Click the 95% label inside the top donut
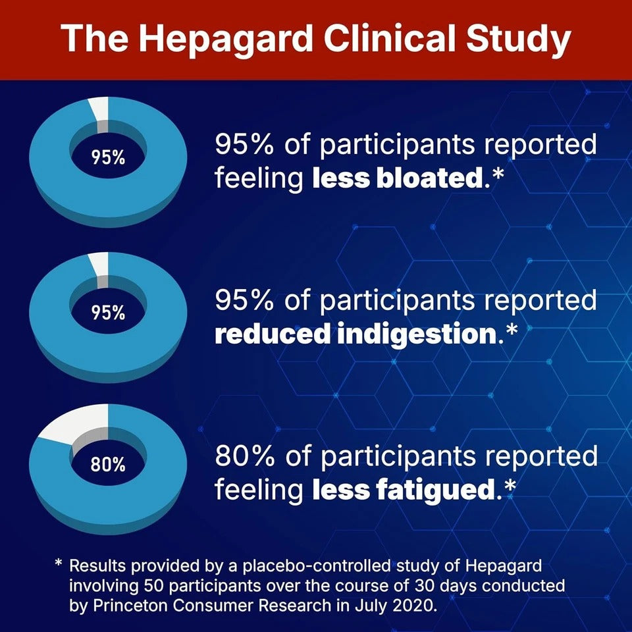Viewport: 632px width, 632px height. pyautogui.click(x=108, y=159)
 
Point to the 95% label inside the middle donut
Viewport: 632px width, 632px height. pyautogui.click(x=108, y=312)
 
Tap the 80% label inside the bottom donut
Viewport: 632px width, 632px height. pyautogui.click(x=108, y=465)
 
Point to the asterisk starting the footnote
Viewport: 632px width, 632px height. pyautogui.click(x=59, y=564)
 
